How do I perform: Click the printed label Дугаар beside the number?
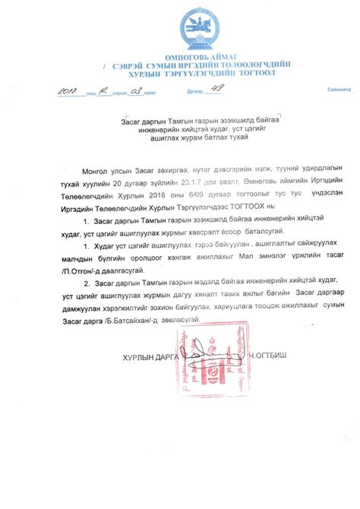pos(194,93)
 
